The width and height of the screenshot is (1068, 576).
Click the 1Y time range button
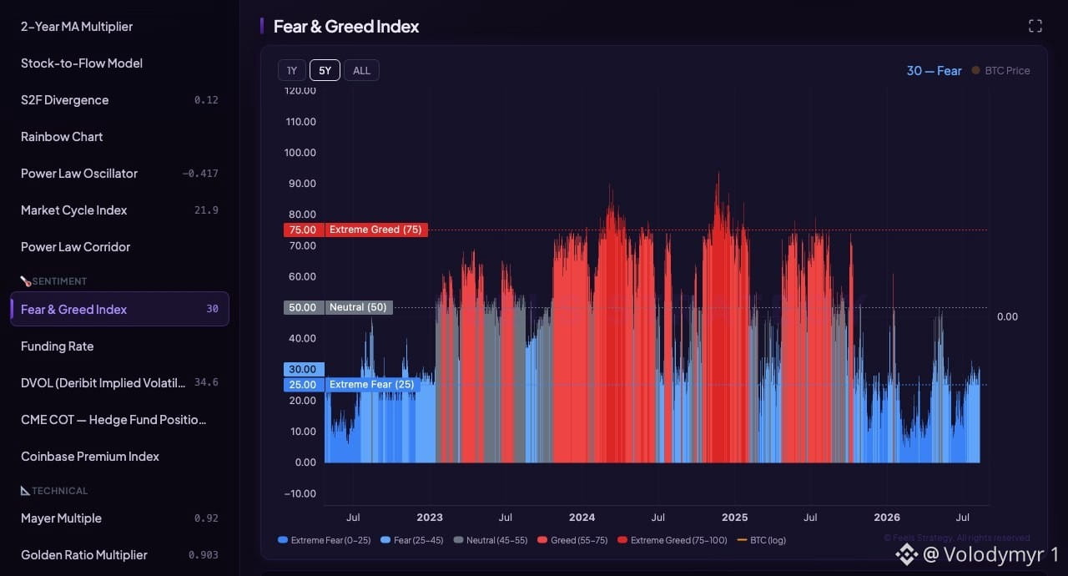coord(292,71)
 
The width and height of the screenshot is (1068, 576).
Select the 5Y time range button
coord(325,71)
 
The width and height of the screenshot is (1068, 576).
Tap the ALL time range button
coord(361,71)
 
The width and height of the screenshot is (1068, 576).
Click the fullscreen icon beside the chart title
coord(1035,26)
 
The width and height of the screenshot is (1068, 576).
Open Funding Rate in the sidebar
coord(58,346)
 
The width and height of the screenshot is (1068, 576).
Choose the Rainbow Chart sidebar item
coord(62,137)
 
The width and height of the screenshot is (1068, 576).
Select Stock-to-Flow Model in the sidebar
coord(82,63)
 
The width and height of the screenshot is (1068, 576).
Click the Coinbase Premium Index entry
coord(90,457)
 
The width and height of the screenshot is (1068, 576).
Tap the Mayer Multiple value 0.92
coord(206,518)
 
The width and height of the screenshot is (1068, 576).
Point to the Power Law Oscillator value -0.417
coord(200,174)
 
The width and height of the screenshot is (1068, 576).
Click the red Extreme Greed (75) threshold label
coord(375,230)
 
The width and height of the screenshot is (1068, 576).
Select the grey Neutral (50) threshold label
coord(358,307)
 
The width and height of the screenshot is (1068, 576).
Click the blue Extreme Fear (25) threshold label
coord(372,385)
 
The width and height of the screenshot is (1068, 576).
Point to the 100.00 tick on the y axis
coord(300,153)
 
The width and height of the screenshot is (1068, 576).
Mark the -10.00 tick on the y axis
coord(300,493)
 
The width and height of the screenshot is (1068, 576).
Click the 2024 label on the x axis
coord(582,518)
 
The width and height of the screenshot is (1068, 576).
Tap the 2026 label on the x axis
coord(887,518)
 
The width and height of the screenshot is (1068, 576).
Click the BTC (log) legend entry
coord(762,540)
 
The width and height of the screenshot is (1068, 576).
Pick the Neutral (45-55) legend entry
coord(491,540)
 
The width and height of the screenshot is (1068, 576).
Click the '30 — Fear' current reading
coord(934,71)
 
